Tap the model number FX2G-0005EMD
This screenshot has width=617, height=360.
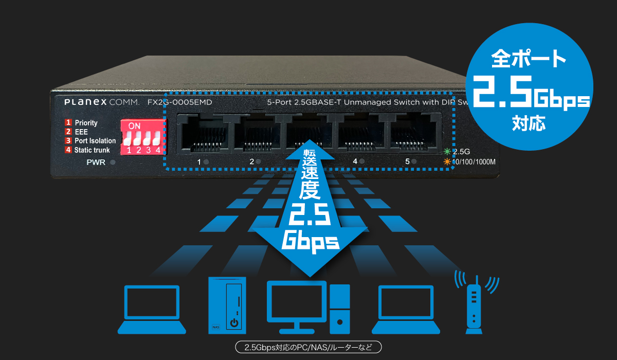(179, 102)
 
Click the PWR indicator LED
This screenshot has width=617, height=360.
(113, 163)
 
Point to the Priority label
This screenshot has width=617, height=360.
(86, 123)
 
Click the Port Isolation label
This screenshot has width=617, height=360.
(95, 140)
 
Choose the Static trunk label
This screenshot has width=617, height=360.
(92, 150)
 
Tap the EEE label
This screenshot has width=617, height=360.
(81, 132)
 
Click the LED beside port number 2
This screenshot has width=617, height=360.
(259, 162)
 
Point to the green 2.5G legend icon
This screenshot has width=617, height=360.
(447, 152)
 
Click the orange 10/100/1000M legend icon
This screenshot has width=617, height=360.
(447, 162)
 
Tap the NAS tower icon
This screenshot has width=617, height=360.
(227, 304)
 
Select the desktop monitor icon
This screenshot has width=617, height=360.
(297, 306)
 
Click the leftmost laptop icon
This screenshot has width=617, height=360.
(152, 309)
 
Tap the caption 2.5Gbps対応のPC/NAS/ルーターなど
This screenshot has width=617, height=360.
(308, 347)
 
